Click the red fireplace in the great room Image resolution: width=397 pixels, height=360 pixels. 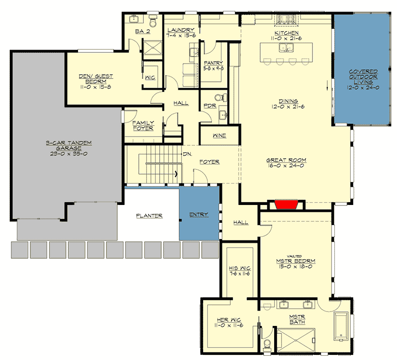coord(286,205)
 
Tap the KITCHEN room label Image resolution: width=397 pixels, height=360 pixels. coord(286,33)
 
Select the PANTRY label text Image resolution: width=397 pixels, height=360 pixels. coord(213,63)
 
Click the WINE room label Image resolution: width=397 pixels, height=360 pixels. coord(219,136)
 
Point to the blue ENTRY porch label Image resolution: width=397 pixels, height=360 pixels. coord(198,214)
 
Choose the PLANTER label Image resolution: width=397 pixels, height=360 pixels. coord(149,216)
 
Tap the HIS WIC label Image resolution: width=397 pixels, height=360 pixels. coord(240,268)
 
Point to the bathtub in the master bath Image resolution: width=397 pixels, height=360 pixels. coord(340,327)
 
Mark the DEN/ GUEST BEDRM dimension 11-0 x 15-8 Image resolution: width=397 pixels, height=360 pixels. coord(95,86)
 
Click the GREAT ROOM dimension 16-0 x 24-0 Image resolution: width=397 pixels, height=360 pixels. coord(286,165)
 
